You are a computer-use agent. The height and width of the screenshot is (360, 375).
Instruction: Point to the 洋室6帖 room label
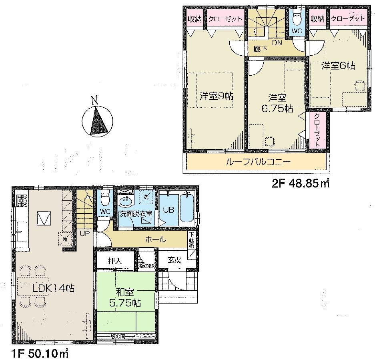pos(338,66)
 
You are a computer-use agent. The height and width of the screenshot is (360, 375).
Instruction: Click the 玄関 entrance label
pos(175,260)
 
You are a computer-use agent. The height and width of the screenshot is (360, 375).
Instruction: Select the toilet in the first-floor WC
pos(105,198)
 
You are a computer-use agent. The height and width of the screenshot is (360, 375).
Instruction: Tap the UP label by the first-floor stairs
pos(84,233)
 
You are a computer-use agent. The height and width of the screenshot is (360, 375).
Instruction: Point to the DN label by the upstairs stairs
pos(276,42)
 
